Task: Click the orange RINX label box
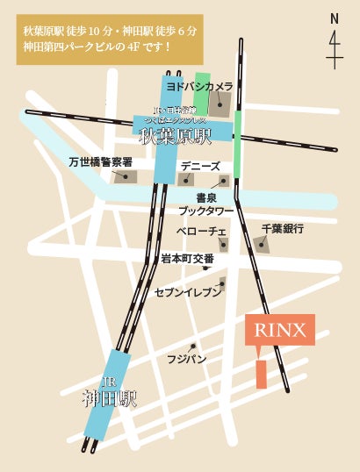click(279, 330)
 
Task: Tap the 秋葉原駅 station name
click(176, 137)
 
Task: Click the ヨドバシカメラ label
click(199, 87)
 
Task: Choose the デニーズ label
click(199, 165)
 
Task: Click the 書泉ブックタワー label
click(206, 204)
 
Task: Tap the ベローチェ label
click(201, 230)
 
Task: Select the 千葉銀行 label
click(282, 228)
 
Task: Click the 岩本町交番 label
click(187, 259)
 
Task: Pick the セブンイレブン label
click(188, 292)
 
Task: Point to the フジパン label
click(187, 359)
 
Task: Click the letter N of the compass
click(334, 18)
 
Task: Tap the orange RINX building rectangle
click(261, 374)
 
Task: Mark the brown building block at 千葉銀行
click(262, 244)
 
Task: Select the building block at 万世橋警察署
click(126, 176)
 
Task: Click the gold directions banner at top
click(109, 39)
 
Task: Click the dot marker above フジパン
click(191, 347)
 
